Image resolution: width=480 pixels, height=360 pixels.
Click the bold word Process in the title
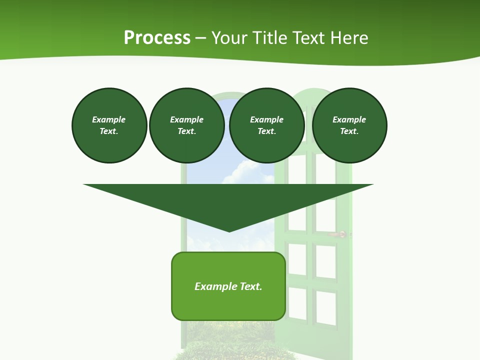[x=157, y=38]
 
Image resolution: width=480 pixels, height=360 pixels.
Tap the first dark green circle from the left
[x=109, y=125]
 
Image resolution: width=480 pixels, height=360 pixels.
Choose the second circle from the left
[x=187, y=125]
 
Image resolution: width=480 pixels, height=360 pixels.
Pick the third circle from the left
[x=267, y=125]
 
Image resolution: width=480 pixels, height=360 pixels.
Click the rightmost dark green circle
[x=349, y=125]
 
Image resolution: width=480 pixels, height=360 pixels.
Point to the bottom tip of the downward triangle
[x=229, y=231]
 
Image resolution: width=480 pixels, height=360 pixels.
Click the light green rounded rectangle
[x=228, y=305]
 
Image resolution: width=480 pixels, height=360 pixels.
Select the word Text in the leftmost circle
[x=108, y=131]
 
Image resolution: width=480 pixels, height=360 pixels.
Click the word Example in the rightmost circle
[x=349, y=119]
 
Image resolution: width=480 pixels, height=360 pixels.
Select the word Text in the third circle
[x=266, y=131]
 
